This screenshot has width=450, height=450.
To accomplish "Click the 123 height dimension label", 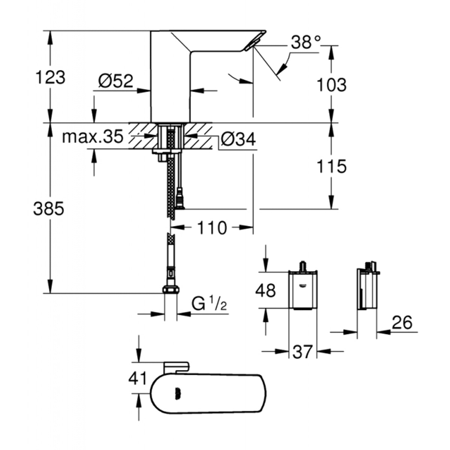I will click(50, 78).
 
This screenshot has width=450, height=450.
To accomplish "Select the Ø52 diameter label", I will click(115, 81).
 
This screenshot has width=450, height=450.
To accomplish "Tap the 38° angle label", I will click(306, 42).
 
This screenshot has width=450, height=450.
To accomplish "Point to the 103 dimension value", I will click(331, 85).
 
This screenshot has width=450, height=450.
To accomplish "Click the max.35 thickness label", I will click(92, 137).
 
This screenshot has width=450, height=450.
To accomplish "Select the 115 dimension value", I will click(331, 166).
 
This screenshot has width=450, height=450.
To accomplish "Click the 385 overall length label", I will click(49, 208).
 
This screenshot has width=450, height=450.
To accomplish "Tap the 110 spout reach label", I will click(212, 228).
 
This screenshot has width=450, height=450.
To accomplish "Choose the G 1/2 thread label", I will click(209, 304).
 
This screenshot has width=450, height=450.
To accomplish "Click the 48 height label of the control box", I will click(265, 290).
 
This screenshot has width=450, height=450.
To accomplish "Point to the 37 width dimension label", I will click(302, 352).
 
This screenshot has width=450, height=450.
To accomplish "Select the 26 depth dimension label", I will click(402, 322).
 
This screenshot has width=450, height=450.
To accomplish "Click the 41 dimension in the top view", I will click(138, 378).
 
